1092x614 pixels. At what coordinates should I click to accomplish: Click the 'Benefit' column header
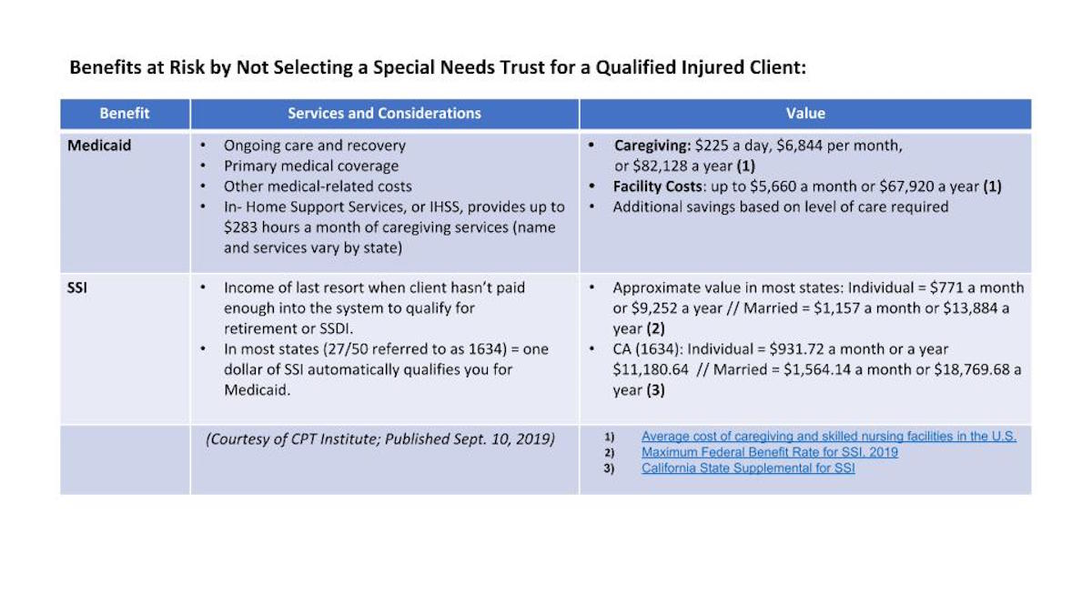(x=125, y=114)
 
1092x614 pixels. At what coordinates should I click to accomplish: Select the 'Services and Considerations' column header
(x=384, y=114)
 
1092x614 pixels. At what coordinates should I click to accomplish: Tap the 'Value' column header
(x=804, y=114)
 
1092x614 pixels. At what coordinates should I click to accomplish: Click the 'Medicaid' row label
(x=99, y=146)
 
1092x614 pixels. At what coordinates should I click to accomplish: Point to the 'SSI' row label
(x=76, y=287)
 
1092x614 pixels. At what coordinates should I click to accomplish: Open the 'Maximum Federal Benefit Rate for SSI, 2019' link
(x=769, y=452)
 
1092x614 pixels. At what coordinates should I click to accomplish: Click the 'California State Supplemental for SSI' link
(x=747, y=468)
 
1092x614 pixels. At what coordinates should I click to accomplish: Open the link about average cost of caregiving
(x=828, y=437)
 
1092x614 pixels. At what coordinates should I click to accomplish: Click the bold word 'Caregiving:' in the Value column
(x=652, y=146)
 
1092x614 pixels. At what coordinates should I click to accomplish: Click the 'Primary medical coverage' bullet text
(x=311, y=166)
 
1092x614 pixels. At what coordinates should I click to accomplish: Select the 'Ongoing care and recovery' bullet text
(x=315, y=146)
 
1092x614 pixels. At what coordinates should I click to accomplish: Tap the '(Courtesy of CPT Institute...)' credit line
(x=380, y=438)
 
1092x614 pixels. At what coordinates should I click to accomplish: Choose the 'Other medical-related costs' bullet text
(x=318, y=186)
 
